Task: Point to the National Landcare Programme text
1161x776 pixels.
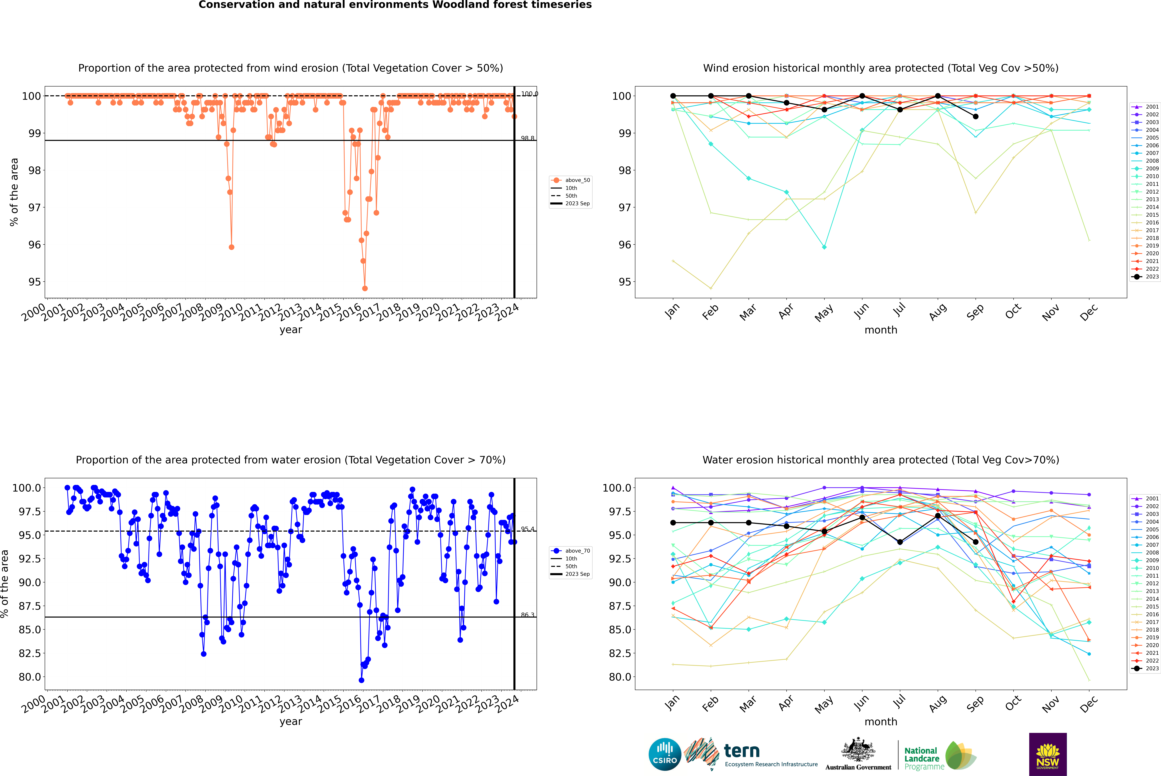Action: coord(922,758)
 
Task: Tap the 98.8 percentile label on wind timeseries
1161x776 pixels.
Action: coord(528,139)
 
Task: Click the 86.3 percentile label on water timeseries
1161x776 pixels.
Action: coord(528,615)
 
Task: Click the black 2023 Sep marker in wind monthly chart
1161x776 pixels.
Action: coord(975,117)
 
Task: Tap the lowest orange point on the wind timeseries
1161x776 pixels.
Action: coord(365,289)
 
